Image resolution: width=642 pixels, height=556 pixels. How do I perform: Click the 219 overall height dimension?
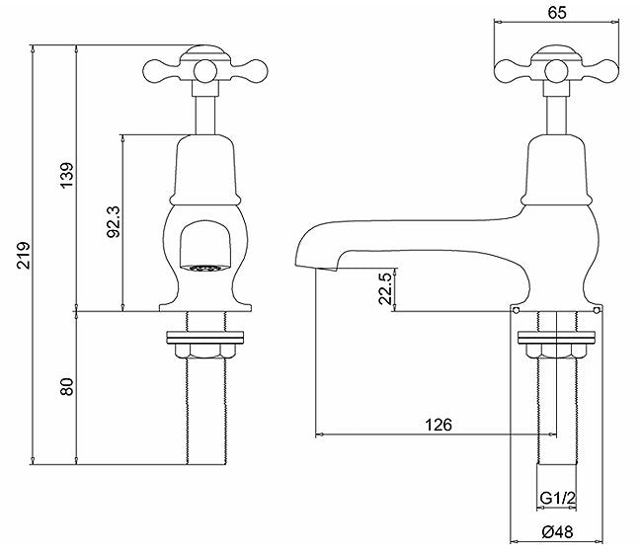[x=24, y=255]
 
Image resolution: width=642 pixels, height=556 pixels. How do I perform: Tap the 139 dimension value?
[x=67, y=175]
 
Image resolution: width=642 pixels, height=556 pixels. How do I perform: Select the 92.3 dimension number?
[x=114, y=221]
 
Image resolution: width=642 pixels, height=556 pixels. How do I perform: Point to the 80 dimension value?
[x=67, y=387]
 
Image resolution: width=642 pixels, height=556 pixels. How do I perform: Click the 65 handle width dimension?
[x=557, y=13]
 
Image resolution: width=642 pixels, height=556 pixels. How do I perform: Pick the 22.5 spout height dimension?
[x=386, y=288]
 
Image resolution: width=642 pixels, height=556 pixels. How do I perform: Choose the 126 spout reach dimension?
[x=439, y=425]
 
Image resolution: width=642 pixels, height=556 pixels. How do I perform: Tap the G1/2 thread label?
[x=558, y=498]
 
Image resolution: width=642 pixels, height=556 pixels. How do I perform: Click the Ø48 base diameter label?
[x=557, y=532]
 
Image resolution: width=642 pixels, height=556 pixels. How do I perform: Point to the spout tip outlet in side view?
[x=326, y=269]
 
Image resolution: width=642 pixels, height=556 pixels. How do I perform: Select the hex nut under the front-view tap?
[x=204, y=352]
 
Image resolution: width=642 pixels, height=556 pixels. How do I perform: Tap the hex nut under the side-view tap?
[x=556, y=351]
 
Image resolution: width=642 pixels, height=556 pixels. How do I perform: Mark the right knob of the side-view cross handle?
[x=608, y=71]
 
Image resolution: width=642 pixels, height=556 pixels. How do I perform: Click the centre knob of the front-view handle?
[x=205, y=70]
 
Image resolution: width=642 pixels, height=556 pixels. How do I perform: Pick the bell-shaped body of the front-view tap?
[x=205, y=170]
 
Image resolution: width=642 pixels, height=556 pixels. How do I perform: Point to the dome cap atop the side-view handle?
[x=556, y=53]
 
